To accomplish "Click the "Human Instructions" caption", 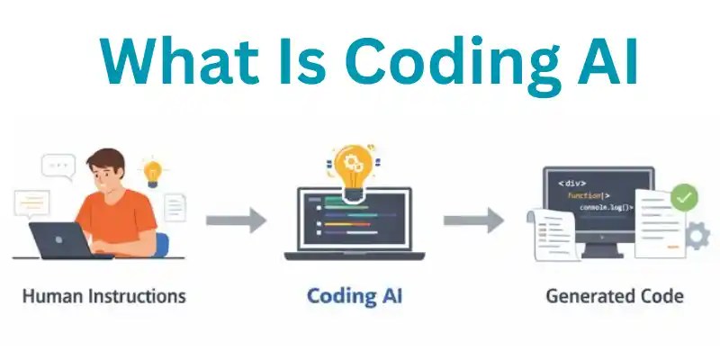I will [103, 295].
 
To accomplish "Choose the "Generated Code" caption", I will [615, 295].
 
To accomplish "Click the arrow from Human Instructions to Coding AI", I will [236, 220].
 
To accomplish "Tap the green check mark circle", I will [685, 196].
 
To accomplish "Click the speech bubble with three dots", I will [58, 166].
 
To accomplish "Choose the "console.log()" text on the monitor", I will [605, 208].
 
